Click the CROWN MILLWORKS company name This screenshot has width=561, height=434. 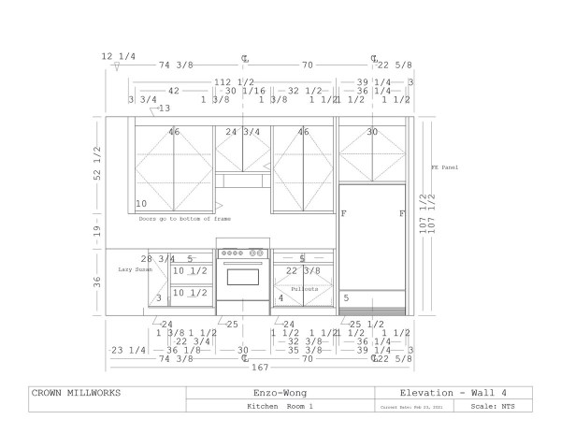(x=76, y=394)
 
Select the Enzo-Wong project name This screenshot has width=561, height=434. (x=280, y=394)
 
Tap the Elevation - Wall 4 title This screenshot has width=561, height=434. (x=453, y=394)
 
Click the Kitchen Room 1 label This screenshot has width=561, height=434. (x=280, y=407)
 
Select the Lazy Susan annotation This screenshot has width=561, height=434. (x=137, y=269)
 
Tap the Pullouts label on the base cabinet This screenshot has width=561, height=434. (x=304, y=289)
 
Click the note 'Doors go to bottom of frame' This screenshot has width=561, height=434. (x=184, y=219)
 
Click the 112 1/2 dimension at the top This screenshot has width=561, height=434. (x=235, y=81)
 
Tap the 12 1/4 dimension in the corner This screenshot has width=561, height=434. (x=119, y=57)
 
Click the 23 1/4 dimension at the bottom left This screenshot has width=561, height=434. (x=128, y=350)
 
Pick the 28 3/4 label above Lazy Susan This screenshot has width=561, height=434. (x=158, y=258)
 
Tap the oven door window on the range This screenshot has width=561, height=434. (x=243, y=278)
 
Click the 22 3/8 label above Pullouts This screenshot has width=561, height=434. (x=304, y=271)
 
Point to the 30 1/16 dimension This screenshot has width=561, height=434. (x=245, y=91)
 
